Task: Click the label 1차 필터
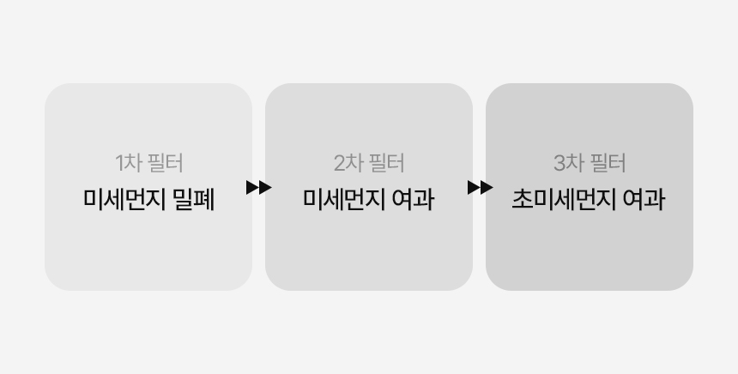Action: [149, 163]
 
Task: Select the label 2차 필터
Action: [369, 163]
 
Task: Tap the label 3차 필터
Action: [590, 163]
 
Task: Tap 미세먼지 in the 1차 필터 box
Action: [124, 199]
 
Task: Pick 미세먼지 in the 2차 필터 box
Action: [344, 199]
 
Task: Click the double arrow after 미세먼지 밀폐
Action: [259, 187]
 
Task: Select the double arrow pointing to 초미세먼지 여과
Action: [480, 187]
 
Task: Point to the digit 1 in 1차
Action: [119, 163]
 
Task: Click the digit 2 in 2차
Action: [340, 163]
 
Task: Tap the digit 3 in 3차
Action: [560, 163]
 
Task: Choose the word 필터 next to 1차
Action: [166, 163]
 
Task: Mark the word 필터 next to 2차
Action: [387, 163]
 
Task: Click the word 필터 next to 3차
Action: [608, 163]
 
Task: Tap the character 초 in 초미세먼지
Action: [522, 200]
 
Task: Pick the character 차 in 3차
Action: [575, 163]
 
